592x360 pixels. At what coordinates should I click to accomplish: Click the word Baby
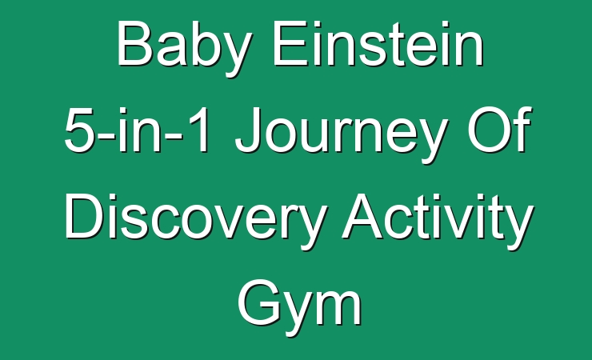coord(184,48)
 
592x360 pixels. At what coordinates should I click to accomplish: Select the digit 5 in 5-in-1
coord(79,130)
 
